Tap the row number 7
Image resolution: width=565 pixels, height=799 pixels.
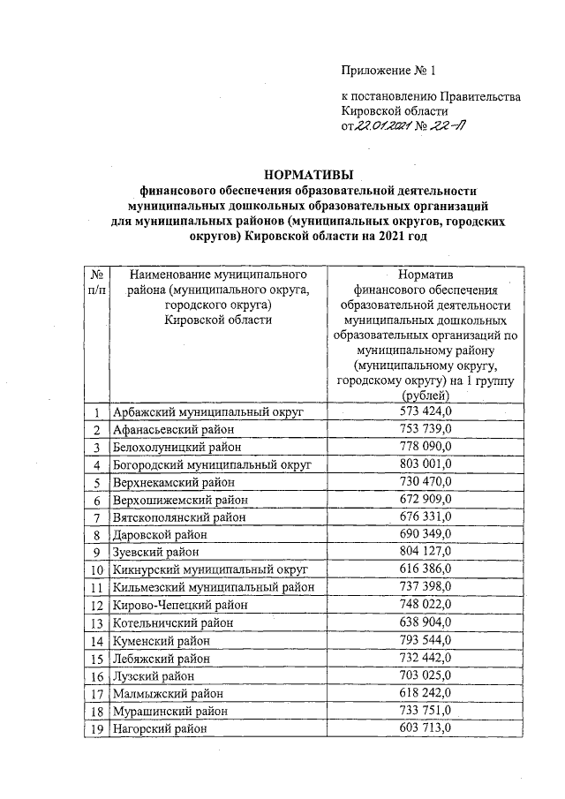click(x=95, y=516)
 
